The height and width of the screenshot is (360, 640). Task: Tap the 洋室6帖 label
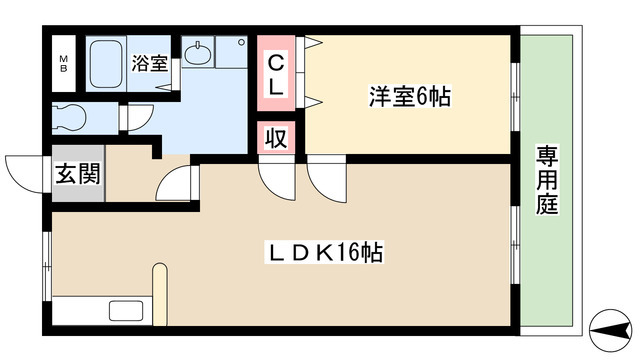pos(410,97)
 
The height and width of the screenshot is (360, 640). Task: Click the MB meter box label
pos(62,63)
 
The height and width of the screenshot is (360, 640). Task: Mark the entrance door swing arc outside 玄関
pos(22,172)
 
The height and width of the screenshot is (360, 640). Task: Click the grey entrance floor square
pos(76,178)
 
